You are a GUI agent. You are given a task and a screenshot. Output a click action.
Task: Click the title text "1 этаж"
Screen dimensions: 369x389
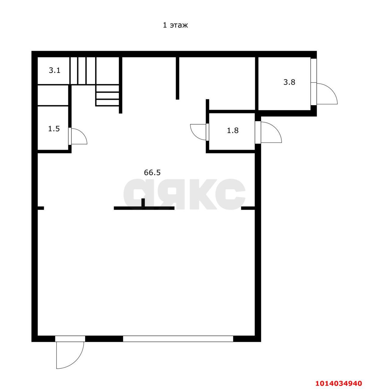pyautogui.click(x=175, y=25)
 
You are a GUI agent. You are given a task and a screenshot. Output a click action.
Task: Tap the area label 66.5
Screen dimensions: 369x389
pyautogui.click(x=152, y=173)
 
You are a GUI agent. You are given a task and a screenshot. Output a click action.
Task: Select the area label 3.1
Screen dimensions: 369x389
pyautogui.click(x=54, y=71)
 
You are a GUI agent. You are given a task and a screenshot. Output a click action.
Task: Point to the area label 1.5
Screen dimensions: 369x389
pyautogui.click(x=54, y=129)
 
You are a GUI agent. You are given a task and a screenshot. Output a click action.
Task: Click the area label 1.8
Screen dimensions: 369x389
pyautogui.click(x=232, y=131)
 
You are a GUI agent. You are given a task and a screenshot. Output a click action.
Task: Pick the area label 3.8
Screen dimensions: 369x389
pyautogui.click(x=289, y=82)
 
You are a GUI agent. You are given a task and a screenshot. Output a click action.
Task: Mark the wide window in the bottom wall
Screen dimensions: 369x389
pyautogui.click(x=178, y=339)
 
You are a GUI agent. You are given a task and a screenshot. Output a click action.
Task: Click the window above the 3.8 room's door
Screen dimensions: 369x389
pyautogui.click(x=313, y=70)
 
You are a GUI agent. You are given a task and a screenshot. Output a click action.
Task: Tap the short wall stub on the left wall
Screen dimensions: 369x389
pyautogui.click(x=40, y=208)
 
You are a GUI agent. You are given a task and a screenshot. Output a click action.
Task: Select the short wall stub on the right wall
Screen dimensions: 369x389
pyautogui.click(x=248, y=208)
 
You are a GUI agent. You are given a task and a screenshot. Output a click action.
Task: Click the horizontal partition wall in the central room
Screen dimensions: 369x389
pyautogui.click(x=144, y=208)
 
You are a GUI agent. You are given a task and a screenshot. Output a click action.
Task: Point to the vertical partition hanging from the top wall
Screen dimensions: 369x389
pyautogui.click(x=177, y=78)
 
